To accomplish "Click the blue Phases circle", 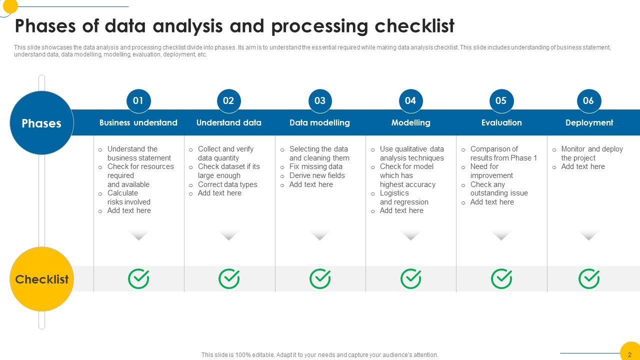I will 41,123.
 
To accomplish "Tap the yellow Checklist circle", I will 41,279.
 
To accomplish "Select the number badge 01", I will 138,100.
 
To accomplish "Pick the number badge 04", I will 410,100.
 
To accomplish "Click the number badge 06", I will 588,100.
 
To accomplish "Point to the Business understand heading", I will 138,122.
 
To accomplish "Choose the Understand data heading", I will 228,122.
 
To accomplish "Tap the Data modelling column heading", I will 319,122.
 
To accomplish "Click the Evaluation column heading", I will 501,122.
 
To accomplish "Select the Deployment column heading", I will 589,122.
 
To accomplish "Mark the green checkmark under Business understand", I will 138,279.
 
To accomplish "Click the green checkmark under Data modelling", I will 320,279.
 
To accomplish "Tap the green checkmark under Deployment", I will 589,279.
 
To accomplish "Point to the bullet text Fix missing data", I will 315,166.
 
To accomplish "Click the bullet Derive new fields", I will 317,175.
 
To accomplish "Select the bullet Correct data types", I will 227,184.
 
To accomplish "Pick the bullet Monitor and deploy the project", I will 591,153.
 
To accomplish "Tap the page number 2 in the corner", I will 629,354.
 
